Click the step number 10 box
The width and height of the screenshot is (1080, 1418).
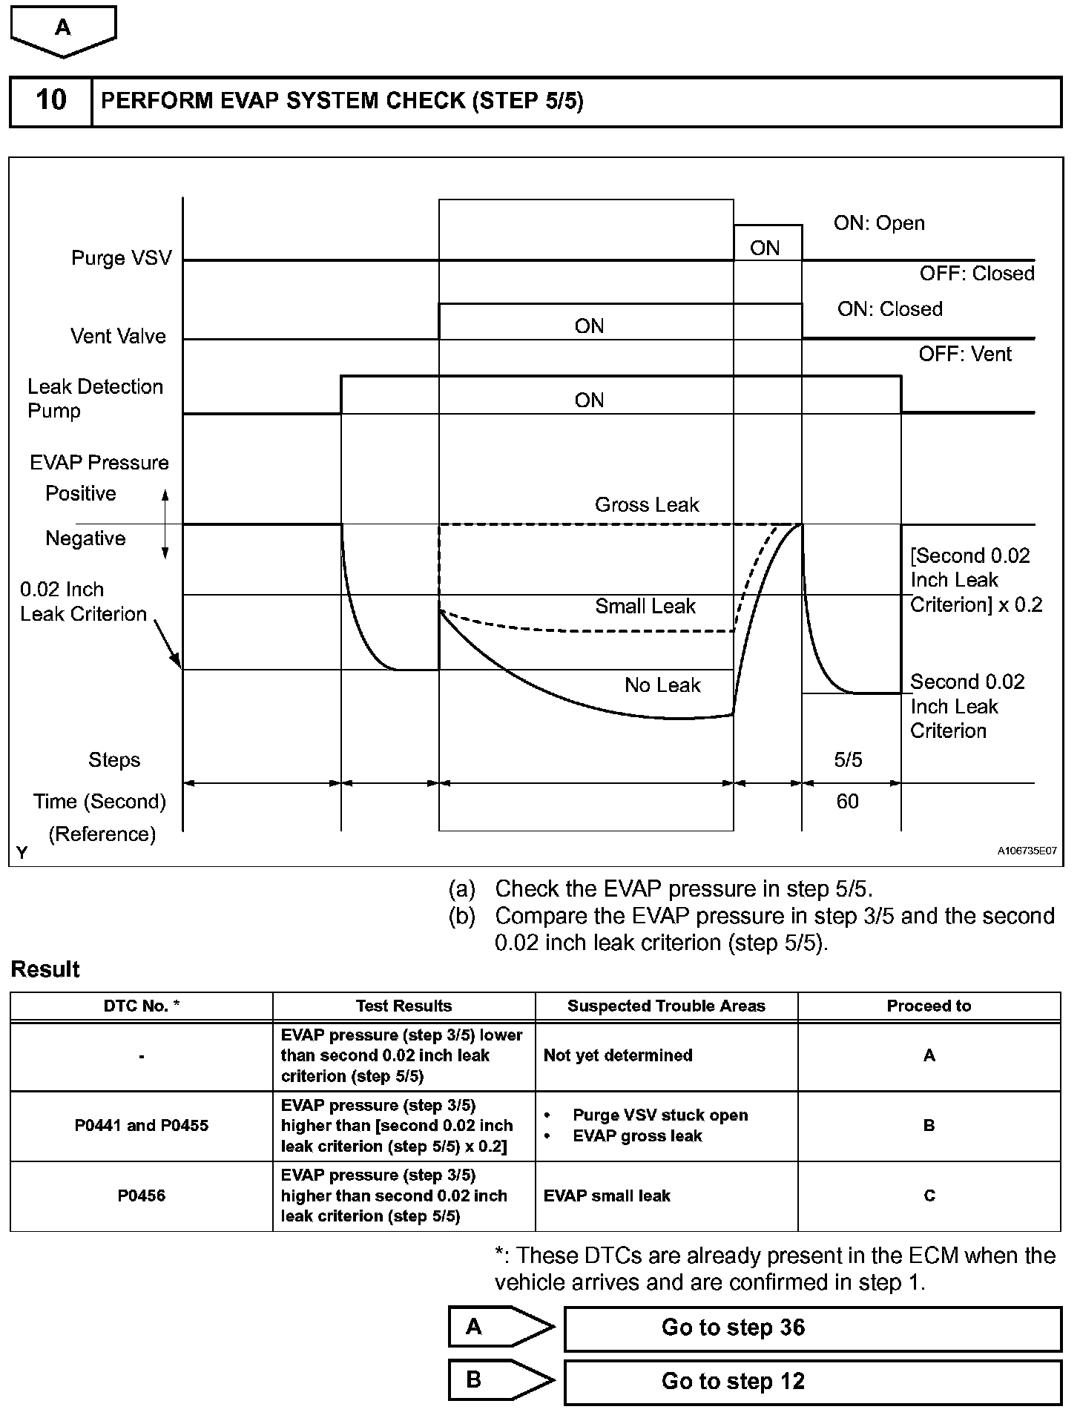[50, 101]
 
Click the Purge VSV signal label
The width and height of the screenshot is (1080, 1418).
[121, 258]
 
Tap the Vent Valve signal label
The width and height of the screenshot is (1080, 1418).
[118, 337]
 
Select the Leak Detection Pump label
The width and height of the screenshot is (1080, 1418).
[95, 398]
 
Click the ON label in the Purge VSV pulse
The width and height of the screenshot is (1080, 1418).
[765, 248]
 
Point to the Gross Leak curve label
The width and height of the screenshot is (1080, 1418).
[647, 505]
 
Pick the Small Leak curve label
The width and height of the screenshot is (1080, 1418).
[645, 607]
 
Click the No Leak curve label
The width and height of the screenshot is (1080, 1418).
[662, 685]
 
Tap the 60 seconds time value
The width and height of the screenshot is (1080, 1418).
[847, 802]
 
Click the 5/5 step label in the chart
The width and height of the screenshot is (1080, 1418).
[848, 760]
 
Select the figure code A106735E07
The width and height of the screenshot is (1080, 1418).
[1027, 851]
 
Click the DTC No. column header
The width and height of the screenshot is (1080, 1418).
[142, 1006]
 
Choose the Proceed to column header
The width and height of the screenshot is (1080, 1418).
[929, 1006]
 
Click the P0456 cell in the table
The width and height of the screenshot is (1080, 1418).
[142, 1196]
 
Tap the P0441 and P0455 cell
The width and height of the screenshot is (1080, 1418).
[142, 1126]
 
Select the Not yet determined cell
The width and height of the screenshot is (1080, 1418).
[618, 1055]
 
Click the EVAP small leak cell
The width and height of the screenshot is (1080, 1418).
[607, 1196]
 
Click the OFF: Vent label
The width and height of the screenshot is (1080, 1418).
[965, 354]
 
